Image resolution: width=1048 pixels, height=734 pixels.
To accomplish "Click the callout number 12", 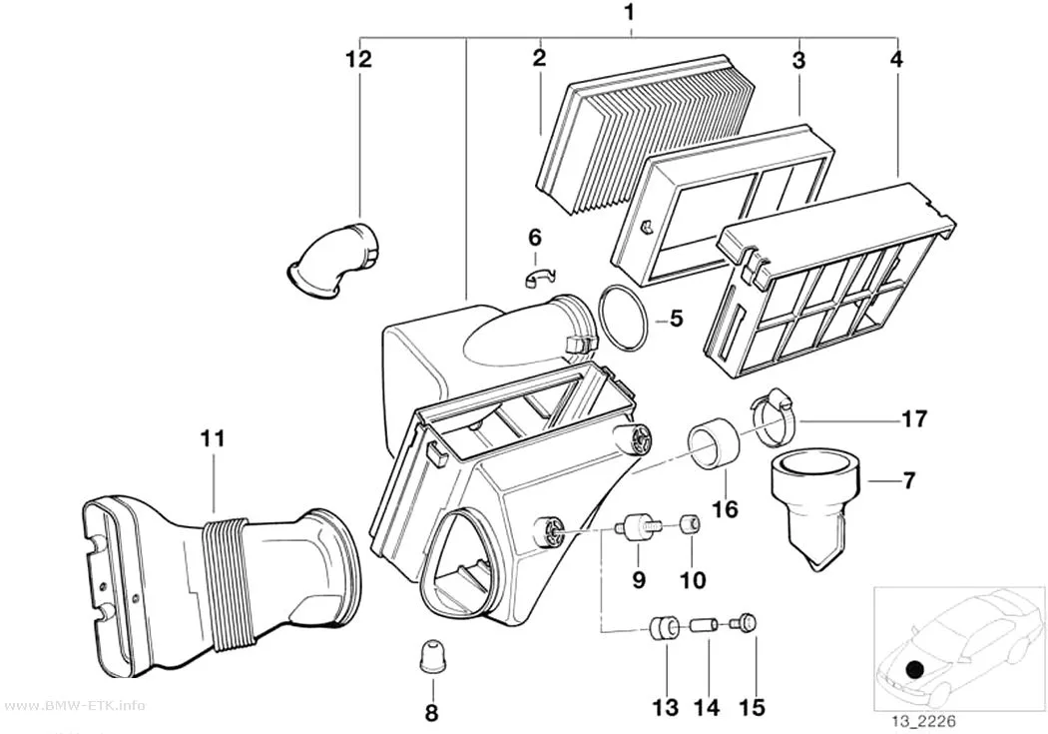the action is pos(359,59).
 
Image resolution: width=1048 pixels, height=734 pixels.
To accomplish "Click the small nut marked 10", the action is pos(691,525).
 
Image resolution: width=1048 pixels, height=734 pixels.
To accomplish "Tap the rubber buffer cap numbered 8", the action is pos(432,655).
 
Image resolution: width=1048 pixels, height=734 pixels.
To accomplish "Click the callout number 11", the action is pos(213,439).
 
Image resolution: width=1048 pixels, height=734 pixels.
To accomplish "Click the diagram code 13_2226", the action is pos(922,721).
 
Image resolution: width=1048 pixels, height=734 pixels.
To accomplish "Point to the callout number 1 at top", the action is pos(628,11).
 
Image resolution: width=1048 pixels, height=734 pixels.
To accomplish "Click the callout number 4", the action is pos(896,59).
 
